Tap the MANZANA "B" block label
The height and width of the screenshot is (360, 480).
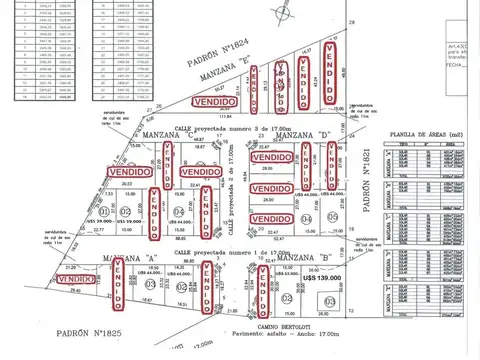295,259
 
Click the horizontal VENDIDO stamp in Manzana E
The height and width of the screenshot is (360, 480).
217,102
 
